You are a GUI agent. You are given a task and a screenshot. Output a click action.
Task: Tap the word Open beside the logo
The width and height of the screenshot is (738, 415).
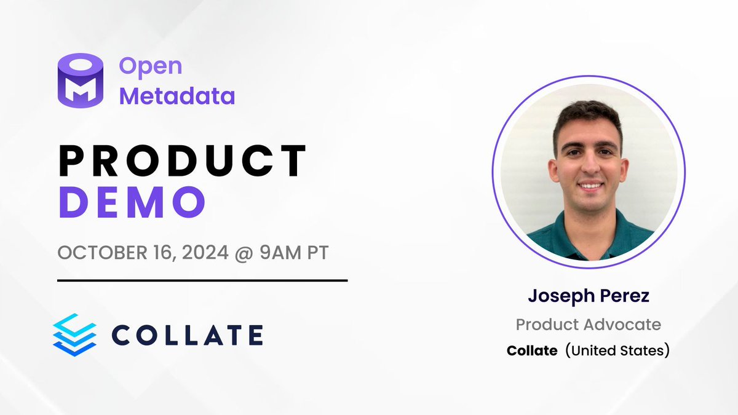point(151,66)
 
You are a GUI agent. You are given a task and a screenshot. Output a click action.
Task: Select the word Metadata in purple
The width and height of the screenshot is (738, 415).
point(177,96)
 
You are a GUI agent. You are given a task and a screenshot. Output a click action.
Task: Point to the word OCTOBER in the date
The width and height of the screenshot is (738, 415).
point(98,253)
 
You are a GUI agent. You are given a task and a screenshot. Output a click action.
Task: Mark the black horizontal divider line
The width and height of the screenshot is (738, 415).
point(202,280)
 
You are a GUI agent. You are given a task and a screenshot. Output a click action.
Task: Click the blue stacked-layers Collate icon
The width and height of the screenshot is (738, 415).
point(74,334)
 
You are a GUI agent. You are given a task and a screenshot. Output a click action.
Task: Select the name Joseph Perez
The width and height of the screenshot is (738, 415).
point(588,296)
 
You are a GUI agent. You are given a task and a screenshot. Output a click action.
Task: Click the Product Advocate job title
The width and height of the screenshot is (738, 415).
point(588,324)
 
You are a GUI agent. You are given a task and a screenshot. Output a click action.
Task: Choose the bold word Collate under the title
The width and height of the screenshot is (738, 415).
point(531,351)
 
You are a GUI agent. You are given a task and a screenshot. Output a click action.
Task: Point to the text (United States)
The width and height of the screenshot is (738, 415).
point(617,351)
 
